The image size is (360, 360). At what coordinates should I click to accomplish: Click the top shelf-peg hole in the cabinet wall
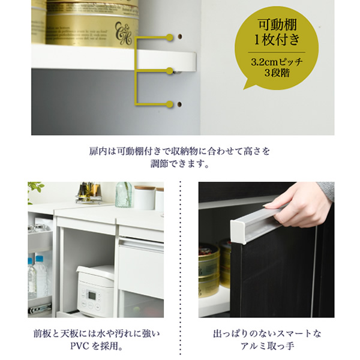tap(180, 37)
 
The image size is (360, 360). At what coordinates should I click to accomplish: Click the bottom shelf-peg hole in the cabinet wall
tap(180, 104)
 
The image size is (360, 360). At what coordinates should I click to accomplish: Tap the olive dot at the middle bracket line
tap(169, 71)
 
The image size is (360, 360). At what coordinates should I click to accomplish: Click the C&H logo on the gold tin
tap(124, 33)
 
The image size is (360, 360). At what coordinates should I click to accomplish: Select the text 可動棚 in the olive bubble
tap(277, 25)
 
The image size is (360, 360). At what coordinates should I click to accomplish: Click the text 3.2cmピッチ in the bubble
tap(277, 62)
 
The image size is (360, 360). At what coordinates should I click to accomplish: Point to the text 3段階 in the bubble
tap(277, 73)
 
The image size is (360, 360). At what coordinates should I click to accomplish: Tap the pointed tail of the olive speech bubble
tap(245, 88)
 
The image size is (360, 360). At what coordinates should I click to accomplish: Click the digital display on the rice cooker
tap(92, 295)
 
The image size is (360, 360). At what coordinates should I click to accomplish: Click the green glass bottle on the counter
tap(124, 195)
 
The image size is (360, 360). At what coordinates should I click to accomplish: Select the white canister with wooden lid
tap(145, 197)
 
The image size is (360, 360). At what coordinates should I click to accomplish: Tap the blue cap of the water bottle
tap(40, 259)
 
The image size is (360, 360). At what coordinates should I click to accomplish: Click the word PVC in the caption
tap(79, 346)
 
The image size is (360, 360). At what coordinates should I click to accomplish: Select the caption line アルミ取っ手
tap(267, 346)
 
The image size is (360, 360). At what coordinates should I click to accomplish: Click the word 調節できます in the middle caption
tap(177, 164)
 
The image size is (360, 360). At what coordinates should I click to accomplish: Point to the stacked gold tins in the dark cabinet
tap(215, 271)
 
